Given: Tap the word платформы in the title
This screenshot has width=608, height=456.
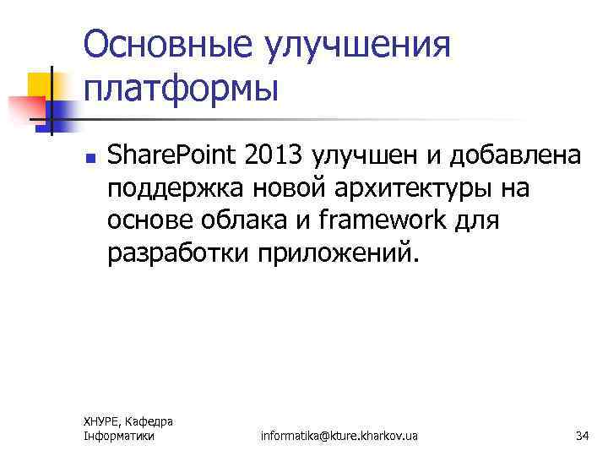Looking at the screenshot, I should pyautogui.click(x=181, y=87).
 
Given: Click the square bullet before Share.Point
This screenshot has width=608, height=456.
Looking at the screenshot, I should pyautogui.click(x=89, y=157).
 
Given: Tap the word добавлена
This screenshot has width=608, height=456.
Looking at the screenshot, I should pyautogui.click(x=515, y=156).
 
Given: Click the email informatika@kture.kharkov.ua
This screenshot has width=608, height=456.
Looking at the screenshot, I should pyautogui.click(x=339, y=436).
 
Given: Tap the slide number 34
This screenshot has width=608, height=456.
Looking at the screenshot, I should pyautogui.click(x=581, y=436).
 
